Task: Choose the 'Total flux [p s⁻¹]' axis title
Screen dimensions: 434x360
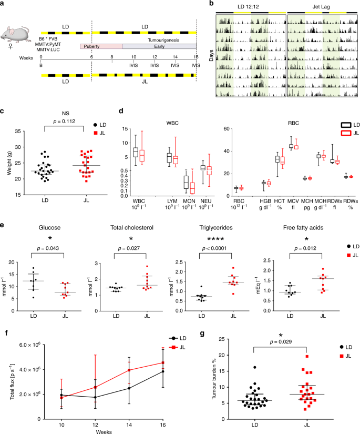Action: [x=16, y=378]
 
